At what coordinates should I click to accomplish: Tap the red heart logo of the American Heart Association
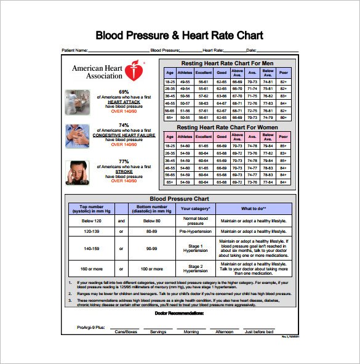coord(134,71)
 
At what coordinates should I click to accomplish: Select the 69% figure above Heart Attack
coord(124,92)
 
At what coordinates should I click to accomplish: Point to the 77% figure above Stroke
coord(124,161)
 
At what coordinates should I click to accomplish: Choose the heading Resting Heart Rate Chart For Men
coord(227,63)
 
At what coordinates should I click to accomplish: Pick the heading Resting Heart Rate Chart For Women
coord(227,127)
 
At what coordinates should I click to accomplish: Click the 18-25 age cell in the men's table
coord(170,81)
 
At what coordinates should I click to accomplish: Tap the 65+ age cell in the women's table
coord(170,182)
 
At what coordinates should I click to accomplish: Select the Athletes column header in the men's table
coord(185,71)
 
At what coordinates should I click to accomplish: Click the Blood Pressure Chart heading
coord(180,199)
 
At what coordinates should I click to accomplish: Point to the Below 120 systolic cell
coord(91,220)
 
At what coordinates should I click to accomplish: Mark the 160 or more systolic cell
coord(91,269)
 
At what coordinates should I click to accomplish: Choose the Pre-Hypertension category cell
coord(196,232)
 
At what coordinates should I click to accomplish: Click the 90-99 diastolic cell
coord(153,248)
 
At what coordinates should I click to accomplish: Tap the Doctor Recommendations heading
coord(180,313)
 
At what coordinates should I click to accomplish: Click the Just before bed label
coord(259,331)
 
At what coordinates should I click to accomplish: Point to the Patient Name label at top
coord(74,50)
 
